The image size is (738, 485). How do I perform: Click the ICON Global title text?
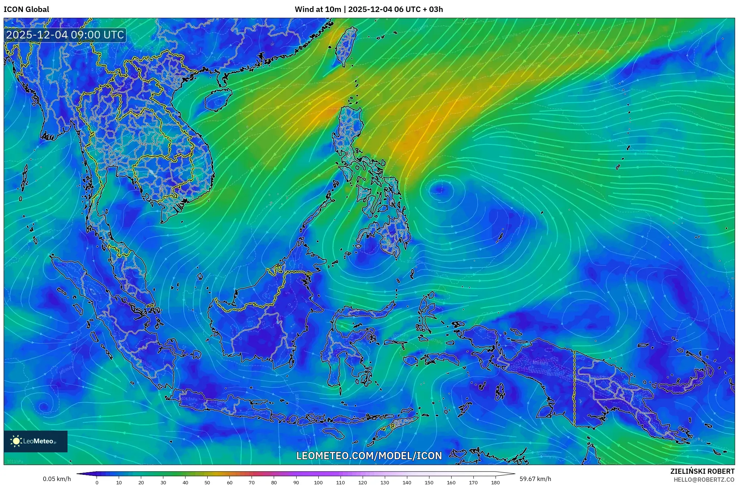[x=26, y=9]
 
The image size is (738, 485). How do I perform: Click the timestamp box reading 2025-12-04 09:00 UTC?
[x=65, y=35]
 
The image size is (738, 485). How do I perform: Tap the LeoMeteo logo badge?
[x=36, y=441]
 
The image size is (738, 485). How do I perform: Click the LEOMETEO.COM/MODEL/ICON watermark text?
[x=369, y=456]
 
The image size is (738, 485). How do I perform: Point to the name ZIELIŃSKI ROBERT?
[x=702, y=471]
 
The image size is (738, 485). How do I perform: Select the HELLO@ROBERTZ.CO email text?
[x=704, y=480]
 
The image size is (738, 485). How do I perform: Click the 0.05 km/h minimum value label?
[x=57, y=479]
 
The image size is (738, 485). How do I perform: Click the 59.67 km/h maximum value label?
[x=535, y=479]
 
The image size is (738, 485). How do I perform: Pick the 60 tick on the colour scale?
[x=230, y=482]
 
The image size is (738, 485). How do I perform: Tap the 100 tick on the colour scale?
[x=318, y=482]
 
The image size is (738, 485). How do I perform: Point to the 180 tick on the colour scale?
[x=496, y=482]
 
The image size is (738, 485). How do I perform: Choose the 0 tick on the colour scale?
[x=97, y=482]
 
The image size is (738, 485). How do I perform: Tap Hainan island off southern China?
[x=218, y=99]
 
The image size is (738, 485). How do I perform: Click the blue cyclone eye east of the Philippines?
[x=441, y=189]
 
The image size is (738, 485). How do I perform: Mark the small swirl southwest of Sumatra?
[x=44, y=406]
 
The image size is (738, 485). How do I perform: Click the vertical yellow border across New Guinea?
[x=574, y=388]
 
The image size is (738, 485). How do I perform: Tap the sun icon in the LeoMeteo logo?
[x=16, y=441]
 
